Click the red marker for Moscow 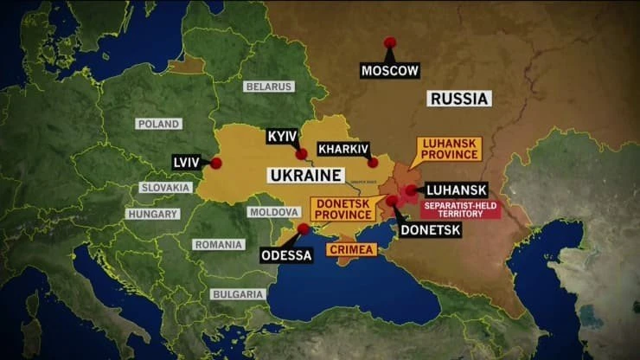pos(390,42)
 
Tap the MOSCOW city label pos(390,70)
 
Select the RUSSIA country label pos(459,98)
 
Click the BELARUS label pos(269,87)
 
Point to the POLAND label pos(158,124)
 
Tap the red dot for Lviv pos(216,163)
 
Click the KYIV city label pos(282,137)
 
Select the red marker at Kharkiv pos(373,162)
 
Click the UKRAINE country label pos(304,176)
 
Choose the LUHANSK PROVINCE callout pos(450,149)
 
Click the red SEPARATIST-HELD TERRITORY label pos(460,209)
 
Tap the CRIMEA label pos(352,249)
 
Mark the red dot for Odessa pos(304,228)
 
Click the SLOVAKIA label pos(164,188)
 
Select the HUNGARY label pos(152,214)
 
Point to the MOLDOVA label pos(273,212)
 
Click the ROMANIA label pos(218,245)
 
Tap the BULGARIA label pos(238,294)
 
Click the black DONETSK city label pos(430,230)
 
